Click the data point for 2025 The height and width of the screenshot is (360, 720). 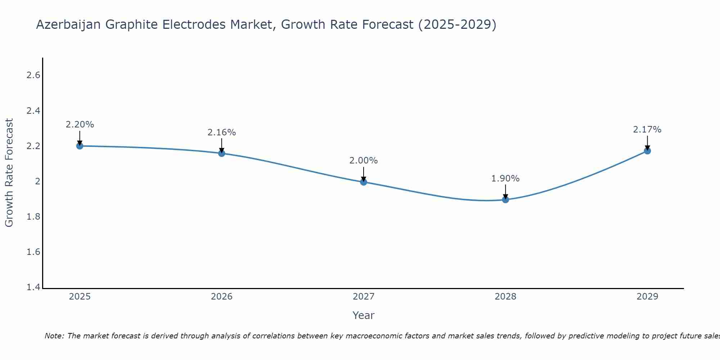pos(80,146)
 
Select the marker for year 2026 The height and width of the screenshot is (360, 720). pos(222,153)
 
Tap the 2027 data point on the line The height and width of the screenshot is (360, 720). pos(364,182)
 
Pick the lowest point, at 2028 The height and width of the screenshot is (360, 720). pos(505,199)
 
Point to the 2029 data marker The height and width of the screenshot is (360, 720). pos(647,151)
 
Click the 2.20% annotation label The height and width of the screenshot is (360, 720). pos(80,125)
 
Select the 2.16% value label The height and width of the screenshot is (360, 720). pos(222,132)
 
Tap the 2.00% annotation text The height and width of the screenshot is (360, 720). pos(364,161)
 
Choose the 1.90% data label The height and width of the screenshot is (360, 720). pos(505,179)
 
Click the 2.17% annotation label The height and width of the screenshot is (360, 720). pos(647,130)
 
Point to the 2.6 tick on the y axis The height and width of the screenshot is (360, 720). pos(33,75)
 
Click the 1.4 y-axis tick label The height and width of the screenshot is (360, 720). pos(33,287)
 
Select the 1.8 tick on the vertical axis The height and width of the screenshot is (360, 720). pos(33,217)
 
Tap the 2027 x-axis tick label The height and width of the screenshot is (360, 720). pos(364,297)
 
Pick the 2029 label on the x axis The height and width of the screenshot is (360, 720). pos(647,297)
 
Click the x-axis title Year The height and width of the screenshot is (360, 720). pos(364,315)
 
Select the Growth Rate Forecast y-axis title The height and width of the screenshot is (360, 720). pos(9,173)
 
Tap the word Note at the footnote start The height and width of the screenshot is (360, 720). pos(54,336)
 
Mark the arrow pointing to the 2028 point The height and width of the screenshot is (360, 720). pos(505,192)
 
